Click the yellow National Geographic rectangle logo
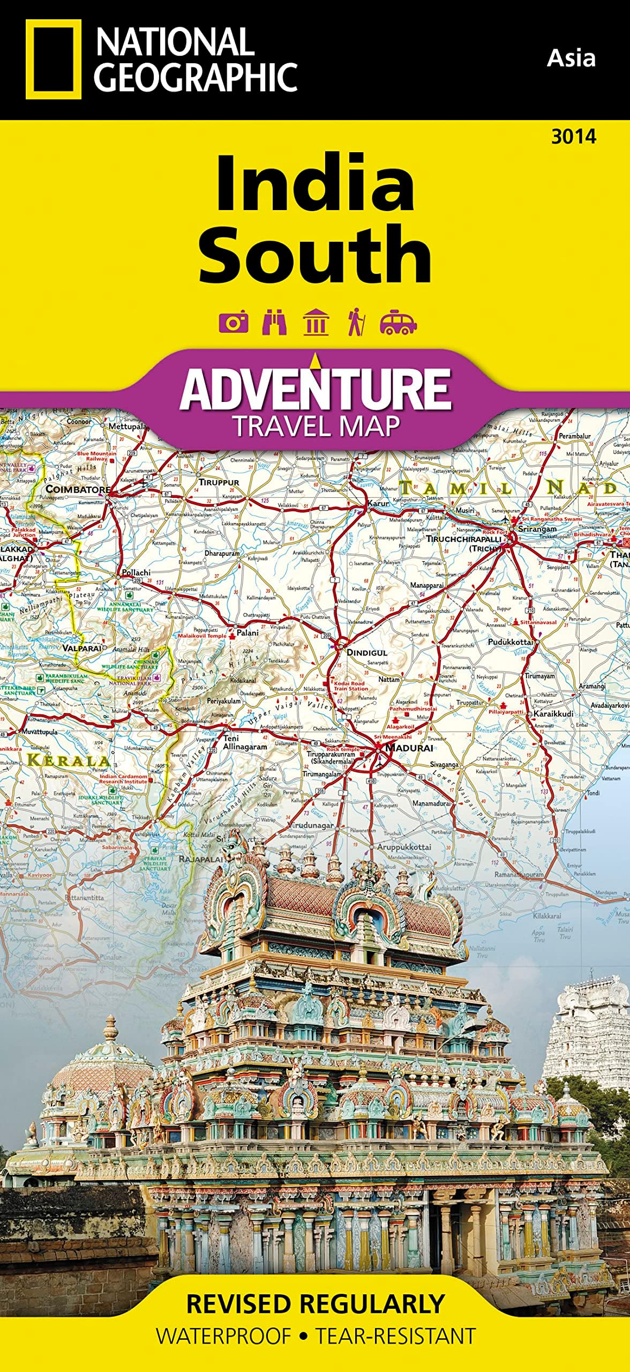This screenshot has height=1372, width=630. [54, 59]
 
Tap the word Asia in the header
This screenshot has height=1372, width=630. [571, 58]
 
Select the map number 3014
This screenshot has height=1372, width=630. [573, 137]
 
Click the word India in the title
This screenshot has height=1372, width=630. [315, 183]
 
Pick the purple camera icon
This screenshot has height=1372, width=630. [234, 322]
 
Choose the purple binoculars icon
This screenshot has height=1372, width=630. [274, 322]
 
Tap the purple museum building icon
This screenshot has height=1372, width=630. [316, 322]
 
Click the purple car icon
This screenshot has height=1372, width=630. [398, 322]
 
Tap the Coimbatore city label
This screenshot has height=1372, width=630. [78, 489]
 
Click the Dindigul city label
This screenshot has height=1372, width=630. [367, 653]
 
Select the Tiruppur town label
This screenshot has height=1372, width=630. [219, 482]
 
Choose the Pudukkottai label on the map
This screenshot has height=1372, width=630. [511, 642]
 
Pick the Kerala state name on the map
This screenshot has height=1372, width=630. [68, 759]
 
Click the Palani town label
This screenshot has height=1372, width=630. [247, 633]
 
